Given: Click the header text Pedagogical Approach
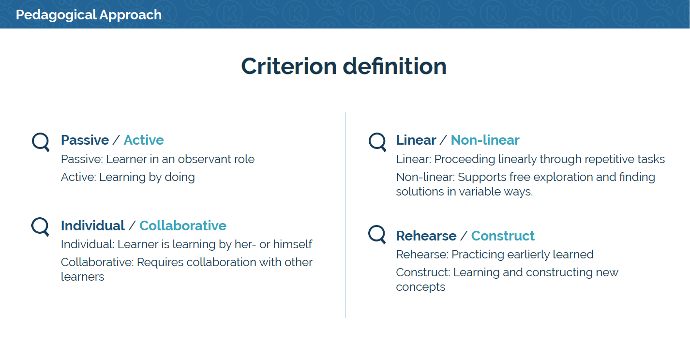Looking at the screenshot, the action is [x=89, y=15].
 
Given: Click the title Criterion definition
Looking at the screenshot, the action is [x=344, y=66].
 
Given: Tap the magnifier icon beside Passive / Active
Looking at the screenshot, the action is [x=41, y=142].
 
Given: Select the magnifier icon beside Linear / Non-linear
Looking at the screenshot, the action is [x=377, y=142].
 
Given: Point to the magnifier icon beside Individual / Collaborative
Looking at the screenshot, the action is [x=40, y=226].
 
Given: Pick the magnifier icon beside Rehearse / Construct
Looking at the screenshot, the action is [x=377, y=235].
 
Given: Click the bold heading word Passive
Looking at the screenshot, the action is [x=85, y=140].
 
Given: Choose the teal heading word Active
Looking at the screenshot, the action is [x=144, y=140].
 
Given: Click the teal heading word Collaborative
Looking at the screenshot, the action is [x=183, y=226].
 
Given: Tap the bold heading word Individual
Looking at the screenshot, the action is [x=93, y=226].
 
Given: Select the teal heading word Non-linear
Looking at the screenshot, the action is [x=485, y=140].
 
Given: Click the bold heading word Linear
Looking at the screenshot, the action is [x=416, y=140].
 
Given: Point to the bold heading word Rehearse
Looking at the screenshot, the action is [x=426, y=236].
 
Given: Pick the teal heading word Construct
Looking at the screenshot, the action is [x=503, y=236].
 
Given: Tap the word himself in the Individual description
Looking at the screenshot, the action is [x=293, y=244].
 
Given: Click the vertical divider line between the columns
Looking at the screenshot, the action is [x=345, y=215].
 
